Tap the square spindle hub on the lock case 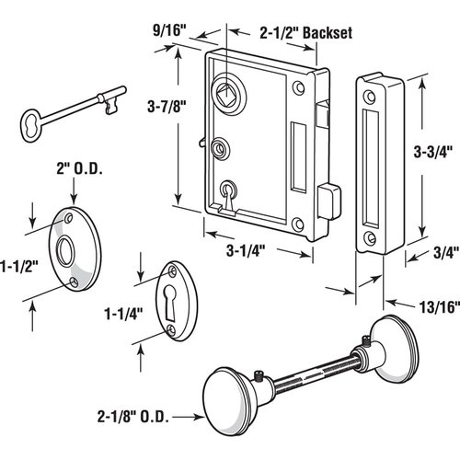pyautogui.click(x=226, y=92)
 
